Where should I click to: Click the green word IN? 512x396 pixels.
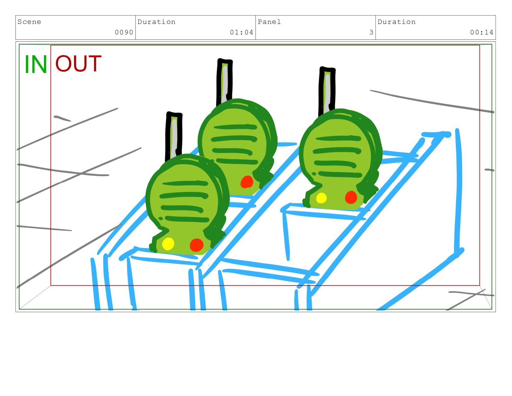[x=36, y=64]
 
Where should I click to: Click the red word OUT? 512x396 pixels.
[x=78, y=63]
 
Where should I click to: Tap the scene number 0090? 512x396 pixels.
[x=124, y=32]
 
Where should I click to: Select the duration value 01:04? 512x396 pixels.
[x=241, y=32]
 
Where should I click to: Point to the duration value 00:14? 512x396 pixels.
[x=482, y=32]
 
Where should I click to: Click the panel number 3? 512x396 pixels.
[x=371, y=32]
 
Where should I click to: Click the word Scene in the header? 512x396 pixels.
[x=29, y=22]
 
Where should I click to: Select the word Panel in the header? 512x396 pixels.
[x=269, y=22]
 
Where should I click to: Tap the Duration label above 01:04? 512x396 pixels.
[x=156, y=22]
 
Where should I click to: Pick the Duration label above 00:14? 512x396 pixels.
[x=397, y=22]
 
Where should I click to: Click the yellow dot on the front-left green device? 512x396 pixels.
[x=168, y=244]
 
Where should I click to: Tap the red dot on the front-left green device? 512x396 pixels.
[x=196, y=245]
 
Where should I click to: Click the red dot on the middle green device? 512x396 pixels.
[x=247, y=182]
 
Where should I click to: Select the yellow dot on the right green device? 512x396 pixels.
[x=321, y=198]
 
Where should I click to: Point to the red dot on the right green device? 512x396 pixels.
[x=351, y=198]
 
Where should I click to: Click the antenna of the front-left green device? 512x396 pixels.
[x=174, y=136]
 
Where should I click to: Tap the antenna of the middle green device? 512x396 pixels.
[x=225, y=82]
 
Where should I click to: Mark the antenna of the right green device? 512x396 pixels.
[x=327, y=92]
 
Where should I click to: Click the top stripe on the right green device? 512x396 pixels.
[x=338, y=138]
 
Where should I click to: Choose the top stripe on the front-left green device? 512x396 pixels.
[x=186, y=183]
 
